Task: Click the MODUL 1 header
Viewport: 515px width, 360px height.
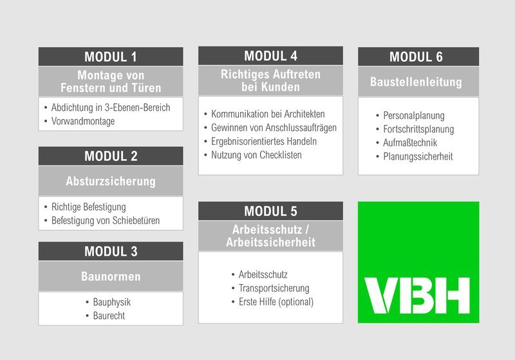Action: tap(111, 57)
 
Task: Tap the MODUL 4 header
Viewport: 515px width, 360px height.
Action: tap(270, 56)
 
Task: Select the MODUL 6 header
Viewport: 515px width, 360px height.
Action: tap(418, 57)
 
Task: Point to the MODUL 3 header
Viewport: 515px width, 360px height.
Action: tap(111, 251)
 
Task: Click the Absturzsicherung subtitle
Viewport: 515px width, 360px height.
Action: tap(111, 181)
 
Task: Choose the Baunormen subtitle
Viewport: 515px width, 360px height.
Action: tap(111, 276)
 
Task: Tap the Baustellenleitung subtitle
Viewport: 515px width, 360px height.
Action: tap(416, 82)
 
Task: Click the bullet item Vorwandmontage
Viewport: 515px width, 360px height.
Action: tap(83, 121)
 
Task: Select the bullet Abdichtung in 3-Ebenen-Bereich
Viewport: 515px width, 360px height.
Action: tap(111, 108)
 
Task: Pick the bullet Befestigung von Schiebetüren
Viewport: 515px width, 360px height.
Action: tap(106, 220)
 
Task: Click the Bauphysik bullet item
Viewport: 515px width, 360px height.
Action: tap(111, 302)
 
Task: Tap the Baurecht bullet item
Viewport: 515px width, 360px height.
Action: tap(109, 316)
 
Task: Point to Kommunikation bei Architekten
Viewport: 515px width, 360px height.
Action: tap(268, 114)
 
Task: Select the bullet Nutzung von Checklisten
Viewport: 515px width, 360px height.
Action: tap(256, 155)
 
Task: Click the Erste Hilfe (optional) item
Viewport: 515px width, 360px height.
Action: tap(276, 302)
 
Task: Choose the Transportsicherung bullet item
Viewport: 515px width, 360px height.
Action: tap(274, 288)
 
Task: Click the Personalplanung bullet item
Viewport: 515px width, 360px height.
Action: tap(414, 116)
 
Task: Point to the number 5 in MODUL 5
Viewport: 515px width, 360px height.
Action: tap(294, 211)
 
